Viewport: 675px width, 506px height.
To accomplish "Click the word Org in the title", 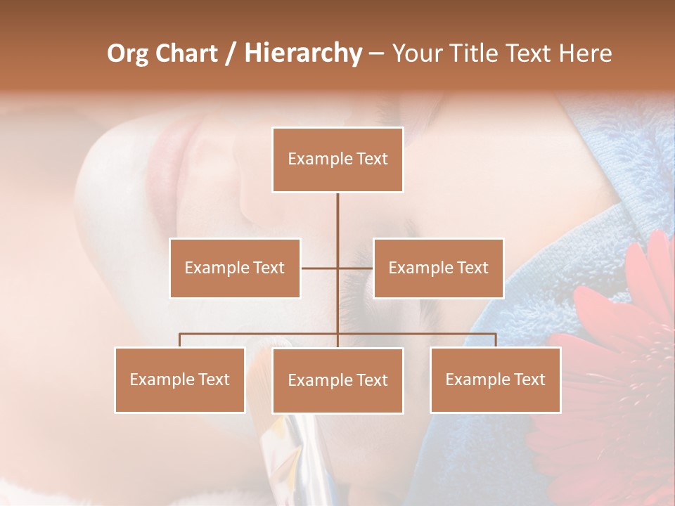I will [x=127, y=53].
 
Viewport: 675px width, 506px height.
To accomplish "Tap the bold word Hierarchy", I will [x=302, y=53].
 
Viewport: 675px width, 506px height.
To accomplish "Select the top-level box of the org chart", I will [x=337, y=160].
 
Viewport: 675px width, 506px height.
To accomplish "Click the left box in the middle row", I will [x=235, y=268].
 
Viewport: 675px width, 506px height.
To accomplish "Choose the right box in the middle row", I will [x=438, y=268].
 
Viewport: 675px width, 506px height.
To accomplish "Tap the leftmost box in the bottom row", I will [x=180, y=379].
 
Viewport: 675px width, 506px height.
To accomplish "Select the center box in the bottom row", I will [x=337, y=380].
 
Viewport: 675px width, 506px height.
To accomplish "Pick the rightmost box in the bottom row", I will [x=496, y=379].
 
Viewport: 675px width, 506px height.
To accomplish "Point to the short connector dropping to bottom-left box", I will [x=180, y=340].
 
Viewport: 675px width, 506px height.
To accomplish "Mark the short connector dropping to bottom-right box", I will [x=496, y=340].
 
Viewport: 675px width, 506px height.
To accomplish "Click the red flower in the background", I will [x=619, y=365].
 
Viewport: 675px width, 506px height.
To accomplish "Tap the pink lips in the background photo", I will [x=163, y=151].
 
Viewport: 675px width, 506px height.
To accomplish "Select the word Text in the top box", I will [x=371, y=159].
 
